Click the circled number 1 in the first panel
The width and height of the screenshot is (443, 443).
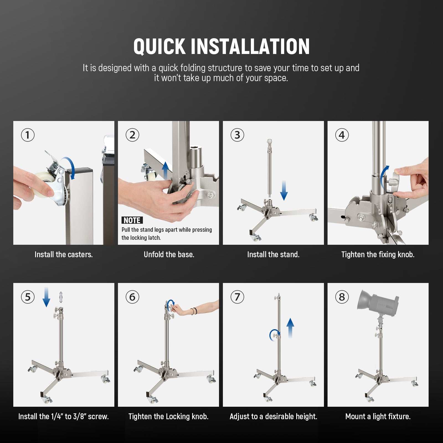click(28, 135)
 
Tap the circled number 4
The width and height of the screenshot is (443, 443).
click(342, 135)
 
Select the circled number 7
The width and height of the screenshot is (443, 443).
click(237, 297)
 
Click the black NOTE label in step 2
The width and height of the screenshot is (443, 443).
click(132, 220)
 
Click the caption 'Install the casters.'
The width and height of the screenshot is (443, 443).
click(63, 254)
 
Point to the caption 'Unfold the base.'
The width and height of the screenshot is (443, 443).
click(169, 254)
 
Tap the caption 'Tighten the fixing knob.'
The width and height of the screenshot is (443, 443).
click(378, 254)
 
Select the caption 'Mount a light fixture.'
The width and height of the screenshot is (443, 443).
click(378, 416)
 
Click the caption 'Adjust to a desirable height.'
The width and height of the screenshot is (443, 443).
click(273, 416)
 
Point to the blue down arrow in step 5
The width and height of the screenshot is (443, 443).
click(46, 297)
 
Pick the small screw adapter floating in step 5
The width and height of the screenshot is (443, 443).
click(61, 297)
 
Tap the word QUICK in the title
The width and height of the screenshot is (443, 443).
click(159, 47)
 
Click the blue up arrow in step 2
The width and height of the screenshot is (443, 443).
click(165, 170)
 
